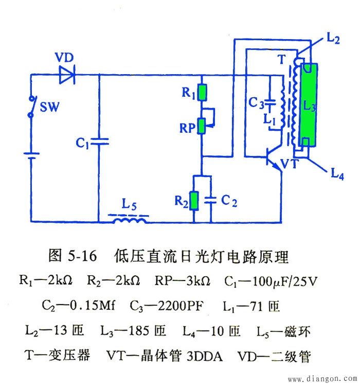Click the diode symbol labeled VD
(x=67, y=76)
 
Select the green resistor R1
(x=203, y=93)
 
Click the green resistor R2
(x=194, y=201)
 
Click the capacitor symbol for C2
(x=210, y=201)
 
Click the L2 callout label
(x=333, y=39)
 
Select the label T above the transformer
(x=281, y=59)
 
